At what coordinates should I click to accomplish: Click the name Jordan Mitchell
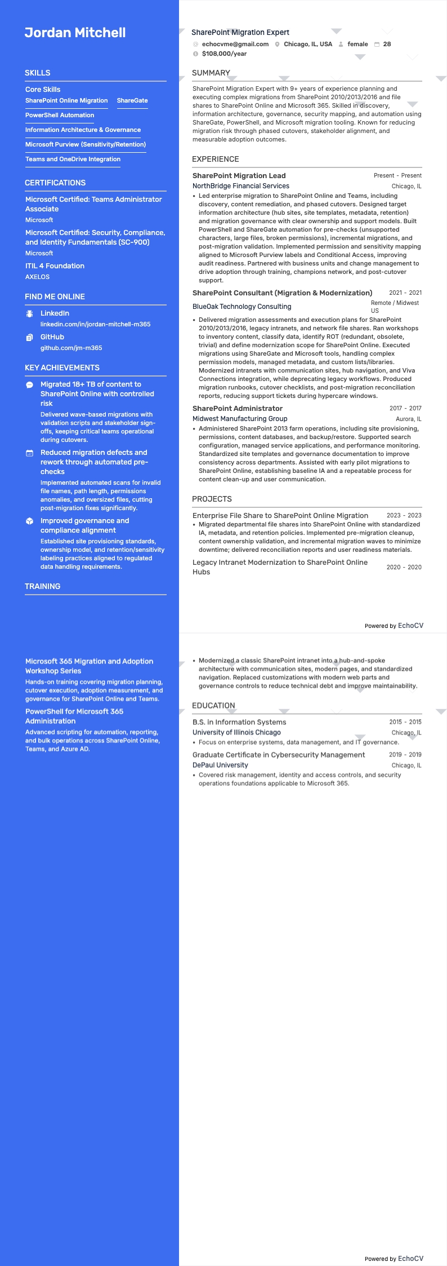(x=75, y=33)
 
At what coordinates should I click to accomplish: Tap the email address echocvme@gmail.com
(x=235, y=44)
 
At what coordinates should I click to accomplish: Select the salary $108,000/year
(x=224, y=54)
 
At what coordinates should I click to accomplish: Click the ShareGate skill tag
(x=132, y=100)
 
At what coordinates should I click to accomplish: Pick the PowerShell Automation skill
(x=60, y=115)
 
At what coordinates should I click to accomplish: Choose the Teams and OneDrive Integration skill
(x=73, y=159)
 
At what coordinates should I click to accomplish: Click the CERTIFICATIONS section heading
(x=55, y=183)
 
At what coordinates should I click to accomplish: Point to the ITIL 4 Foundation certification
(x=55, y=265)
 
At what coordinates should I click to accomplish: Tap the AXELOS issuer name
(x=37, y=277)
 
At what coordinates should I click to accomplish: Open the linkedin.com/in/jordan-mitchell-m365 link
(x=95, y=324)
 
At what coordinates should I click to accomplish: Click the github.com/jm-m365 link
(x=71, y=348)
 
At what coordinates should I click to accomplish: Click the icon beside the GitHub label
(x=29, y=338)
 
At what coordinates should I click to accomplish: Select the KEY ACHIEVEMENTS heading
(x=62, y=368)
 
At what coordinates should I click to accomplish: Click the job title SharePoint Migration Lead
(x=239, y=175)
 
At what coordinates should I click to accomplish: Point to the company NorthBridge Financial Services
(x=240, y=185)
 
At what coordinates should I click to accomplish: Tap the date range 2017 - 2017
(x=405, y=408)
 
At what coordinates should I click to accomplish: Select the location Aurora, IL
(x=408, y=419)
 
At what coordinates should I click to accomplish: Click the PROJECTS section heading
(x=212, y=499)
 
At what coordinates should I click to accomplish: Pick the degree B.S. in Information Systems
(x=239, y=722)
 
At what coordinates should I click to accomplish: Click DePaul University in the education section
(x=220, y=765)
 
